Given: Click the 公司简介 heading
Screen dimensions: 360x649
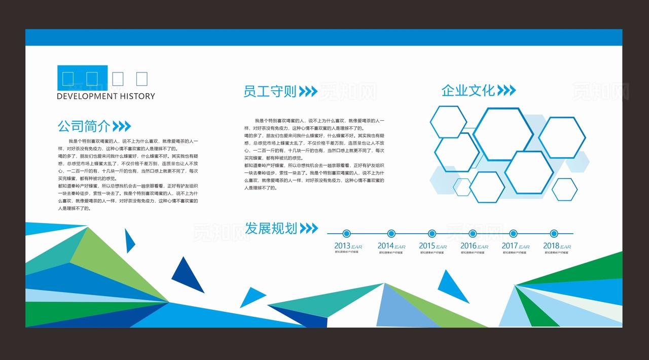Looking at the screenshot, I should point(84,126).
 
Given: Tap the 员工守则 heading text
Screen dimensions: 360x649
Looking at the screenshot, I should point(270,91).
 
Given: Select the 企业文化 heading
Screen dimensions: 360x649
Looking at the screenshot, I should point(467,91).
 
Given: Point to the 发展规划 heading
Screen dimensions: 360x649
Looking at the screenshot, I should point(271,228).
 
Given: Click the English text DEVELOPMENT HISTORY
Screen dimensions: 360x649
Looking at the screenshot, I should point(105,96).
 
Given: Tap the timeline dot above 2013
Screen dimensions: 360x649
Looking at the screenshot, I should point(346,234).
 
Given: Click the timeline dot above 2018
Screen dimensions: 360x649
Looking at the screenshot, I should point(554,234).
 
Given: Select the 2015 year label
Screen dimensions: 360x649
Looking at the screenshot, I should point(427,246).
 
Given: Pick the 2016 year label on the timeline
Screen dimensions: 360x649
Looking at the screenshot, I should point(468,246).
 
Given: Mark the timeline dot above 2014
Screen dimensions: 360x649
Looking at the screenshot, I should point(391,234).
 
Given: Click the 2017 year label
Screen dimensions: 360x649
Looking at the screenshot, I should point(510,246).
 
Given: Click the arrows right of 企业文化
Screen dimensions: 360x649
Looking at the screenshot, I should point(506,91).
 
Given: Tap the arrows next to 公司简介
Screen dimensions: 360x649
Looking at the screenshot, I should point(122,126).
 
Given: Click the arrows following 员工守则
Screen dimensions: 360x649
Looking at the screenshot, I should point(308,91).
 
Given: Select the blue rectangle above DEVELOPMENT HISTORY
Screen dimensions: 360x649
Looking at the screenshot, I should point(82,78).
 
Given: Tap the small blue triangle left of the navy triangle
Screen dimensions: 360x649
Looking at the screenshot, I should point(130,240).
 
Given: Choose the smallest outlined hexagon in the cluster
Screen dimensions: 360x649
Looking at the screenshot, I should point(462,187).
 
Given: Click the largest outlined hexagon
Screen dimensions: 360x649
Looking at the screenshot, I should point(503,134).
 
